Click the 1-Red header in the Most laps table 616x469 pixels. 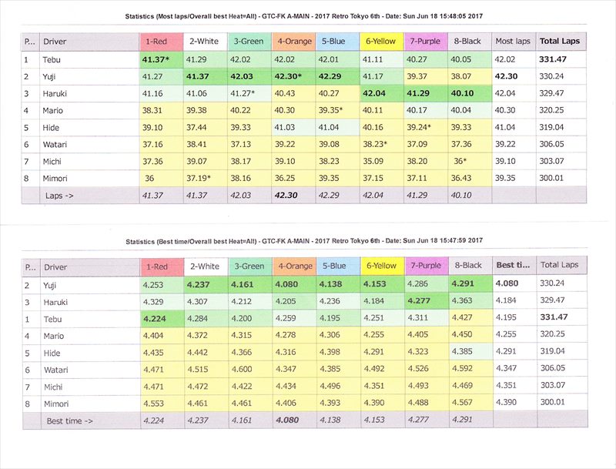click(160, 41)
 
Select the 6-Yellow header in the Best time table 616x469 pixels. click(380, 266)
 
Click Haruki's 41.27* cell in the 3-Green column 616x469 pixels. click(249, 93)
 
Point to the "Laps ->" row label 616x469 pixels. click(59, 196)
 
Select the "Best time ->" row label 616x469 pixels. click(70, 421)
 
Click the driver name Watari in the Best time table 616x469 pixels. click(56, 370)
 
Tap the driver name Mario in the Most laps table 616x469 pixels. click(55, 110)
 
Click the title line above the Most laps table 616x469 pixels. click(308, 16)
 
